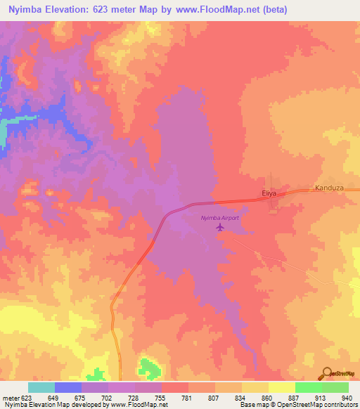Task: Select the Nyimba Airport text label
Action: (220, 218)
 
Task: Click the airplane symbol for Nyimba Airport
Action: (220, 227)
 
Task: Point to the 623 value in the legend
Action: (22, 398)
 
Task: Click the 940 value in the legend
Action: (347, 398)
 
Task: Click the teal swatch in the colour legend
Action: (41, 387)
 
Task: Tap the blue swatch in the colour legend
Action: (68, 387)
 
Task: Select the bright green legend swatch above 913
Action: (308, 387)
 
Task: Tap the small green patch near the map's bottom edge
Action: (147, 367)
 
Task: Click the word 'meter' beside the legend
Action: (10, 398)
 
